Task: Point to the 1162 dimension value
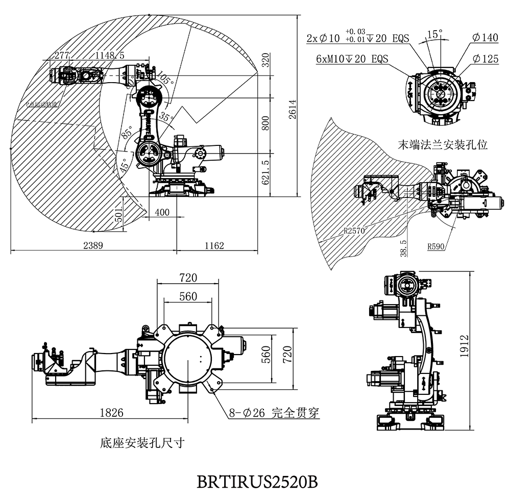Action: click(x=214, y=245)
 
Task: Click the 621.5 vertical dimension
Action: click(x=265, y=173)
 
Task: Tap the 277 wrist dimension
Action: click(x=61, y=55)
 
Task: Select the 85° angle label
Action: click(x=128, y=134)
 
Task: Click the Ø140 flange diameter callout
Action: click(x=485, y=38)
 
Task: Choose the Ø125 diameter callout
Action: click(x=485, y=59)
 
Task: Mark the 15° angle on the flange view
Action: click(x=434, y=34)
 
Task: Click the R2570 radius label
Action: click(x=354, y=231)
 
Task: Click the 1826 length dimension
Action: click(x=111, y=413)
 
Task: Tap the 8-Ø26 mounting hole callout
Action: click(x=274, y=413)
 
